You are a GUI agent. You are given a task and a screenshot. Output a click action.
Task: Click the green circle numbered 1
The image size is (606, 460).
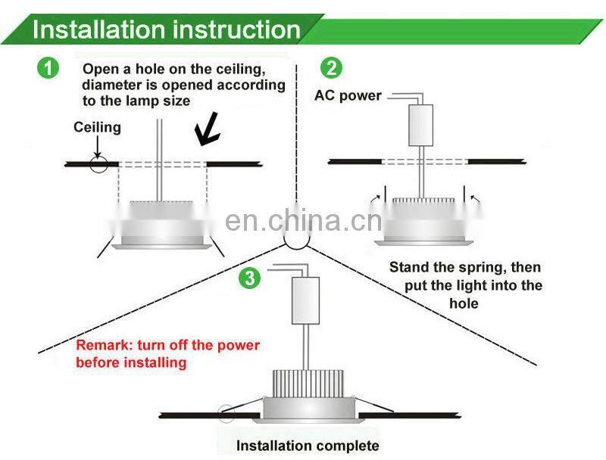(x=48, y=68)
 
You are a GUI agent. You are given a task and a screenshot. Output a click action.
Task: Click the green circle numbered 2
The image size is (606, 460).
(x=331, y=68)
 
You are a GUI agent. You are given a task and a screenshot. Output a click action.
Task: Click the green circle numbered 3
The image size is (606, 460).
(x=249, y=278)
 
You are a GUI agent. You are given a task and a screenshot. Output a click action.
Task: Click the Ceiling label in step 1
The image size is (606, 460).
(x=97, y=127)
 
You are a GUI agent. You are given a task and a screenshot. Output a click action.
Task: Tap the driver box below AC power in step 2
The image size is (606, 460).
(x=419, y=125)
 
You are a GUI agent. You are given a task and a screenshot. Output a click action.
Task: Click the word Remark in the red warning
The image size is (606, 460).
(x=102, y=346)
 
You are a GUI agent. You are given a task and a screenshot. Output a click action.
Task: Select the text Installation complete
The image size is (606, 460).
(x=308, y=446)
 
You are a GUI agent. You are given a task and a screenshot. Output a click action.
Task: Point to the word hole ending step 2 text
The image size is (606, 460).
(x=464, y=303)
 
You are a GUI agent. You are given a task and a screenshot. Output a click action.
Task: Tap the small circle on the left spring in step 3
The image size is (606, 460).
(x=226, y=414)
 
